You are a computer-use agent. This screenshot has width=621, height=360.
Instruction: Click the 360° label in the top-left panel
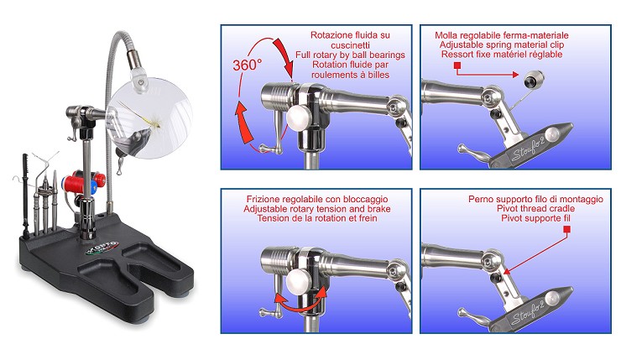point(247,65)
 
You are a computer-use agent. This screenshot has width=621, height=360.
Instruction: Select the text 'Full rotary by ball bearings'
point(350,55)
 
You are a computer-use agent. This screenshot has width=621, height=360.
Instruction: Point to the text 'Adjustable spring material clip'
point(502,44)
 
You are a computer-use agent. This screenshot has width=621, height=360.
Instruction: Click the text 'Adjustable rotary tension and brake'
point(317,209)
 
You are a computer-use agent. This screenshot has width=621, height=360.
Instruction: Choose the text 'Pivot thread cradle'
point(536,209)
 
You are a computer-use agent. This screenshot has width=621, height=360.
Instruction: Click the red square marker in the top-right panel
point(457,65)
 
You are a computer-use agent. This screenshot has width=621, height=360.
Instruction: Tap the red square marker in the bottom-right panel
point(566,229)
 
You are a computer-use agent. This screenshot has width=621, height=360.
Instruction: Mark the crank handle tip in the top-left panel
point(262,149)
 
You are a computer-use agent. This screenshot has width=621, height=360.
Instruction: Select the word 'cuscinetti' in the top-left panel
point(350,44)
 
